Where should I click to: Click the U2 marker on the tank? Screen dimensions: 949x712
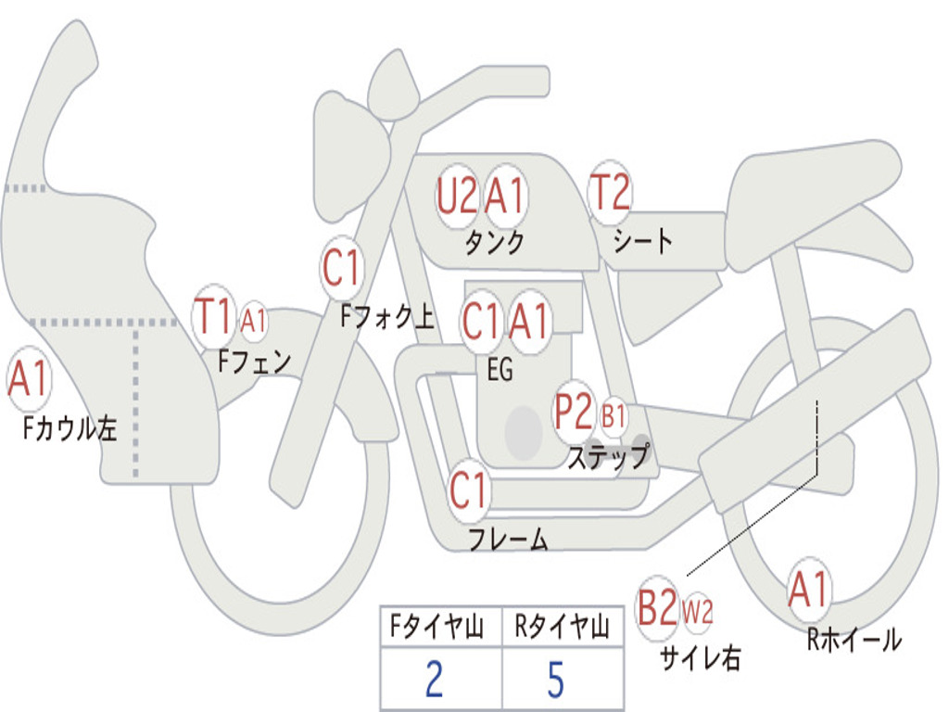click(457, 196)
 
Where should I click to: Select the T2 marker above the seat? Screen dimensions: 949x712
click(610, 194)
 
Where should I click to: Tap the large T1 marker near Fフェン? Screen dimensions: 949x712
click(213, 318)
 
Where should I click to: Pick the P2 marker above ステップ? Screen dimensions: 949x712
click(574, 413)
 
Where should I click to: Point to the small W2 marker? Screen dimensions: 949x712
click(698, 612)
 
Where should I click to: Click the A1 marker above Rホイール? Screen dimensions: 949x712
click(808, 590)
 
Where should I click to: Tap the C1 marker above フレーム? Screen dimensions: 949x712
click(468, 490)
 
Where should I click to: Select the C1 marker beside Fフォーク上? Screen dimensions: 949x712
click(341, 269)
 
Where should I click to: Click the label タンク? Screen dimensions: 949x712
click(494, 243)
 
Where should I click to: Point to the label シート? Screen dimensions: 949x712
click(643, 242)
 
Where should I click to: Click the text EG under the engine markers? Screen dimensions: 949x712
click(500, 370)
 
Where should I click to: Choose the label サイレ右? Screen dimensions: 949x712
click(700, 658)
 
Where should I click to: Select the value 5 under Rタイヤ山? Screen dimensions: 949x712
click(556, 680)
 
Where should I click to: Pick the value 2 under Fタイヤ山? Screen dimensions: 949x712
click(434, 680)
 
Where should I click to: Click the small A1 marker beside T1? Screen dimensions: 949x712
click(253, 322)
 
